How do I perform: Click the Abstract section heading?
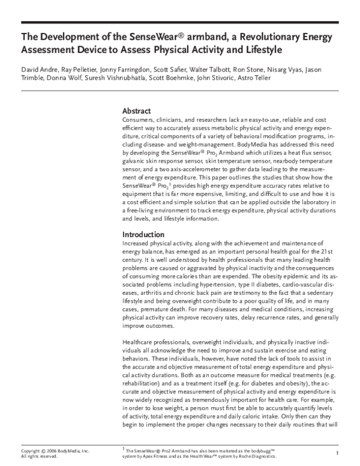coord(137,111)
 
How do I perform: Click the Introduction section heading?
coord(144,234)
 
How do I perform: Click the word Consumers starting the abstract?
coord(139,120)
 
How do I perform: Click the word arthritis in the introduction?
coord(136,293)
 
